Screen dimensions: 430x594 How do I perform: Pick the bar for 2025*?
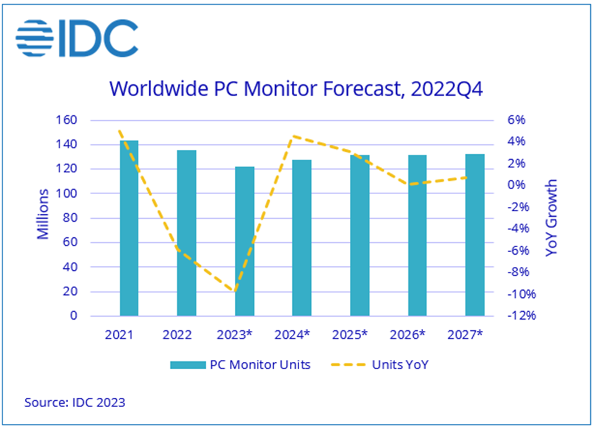click(360, 235)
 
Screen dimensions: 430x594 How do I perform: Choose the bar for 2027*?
click(475, 235)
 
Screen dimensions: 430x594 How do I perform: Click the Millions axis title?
click(43, 214)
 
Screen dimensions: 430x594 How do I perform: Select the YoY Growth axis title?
click(551, 218)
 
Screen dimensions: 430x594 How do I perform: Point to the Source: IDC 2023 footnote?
click(74, 402)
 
